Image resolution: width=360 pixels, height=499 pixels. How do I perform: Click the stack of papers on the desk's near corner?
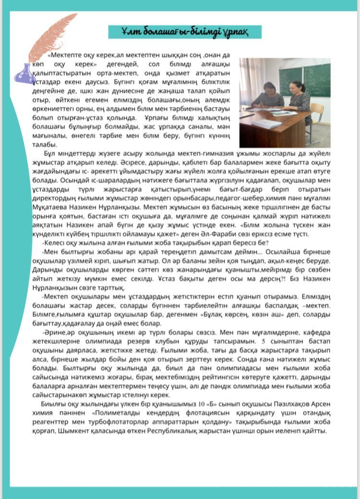(x=266, y=123)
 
